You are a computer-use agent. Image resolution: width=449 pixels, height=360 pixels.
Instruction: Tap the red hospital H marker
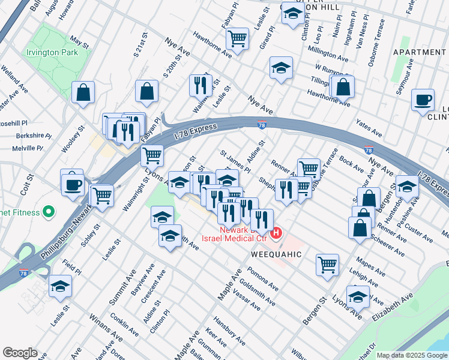276,233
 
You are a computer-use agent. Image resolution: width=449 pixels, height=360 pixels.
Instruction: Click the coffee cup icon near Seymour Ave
423,100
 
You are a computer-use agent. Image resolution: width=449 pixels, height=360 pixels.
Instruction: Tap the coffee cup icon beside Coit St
73,184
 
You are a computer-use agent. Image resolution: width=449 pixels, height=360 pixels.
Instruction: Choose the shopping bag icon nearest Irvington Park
83,92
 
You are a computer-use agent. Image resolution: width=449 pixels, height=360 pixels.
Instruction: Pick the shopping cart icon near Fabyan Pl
238,39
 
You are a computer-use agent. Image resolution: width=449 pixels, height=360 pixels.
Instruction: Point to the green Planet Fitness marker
49,212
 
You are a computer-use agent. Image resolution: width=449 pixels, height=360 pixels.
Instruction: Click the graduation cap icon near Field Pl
60,287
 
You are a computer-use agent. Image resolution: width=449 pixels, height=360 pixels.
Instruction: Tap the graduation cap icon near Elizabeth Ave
358,297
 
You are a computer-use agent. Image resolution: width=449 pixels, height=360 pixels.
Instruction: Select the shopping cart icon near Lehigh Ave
327,264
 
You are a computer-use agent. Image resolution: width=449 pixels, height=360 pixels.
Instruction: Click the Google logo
20,353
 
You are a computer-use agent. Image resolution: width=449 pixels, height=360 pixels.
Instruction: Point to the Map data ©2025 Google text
411,355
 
